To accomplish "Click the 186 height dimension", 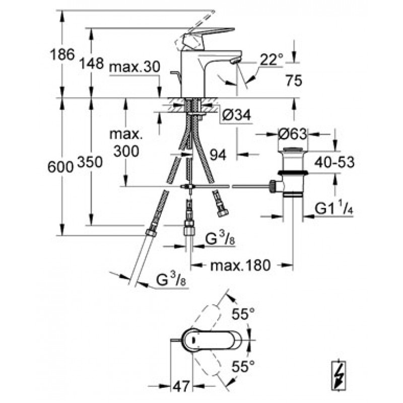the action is [x=62, y=54].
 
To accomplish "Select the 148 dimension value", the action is [x=91, y=63].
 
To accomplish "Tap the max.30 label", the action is [x=135, y=68].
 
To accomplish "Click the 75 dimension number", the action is [x=294, y=81].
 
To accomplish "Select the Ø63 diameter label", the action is [x=293, y=134].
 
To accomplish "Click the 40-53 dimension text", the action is [x=334, y=162].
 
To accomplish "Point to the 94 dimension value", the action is [x=218, y=155].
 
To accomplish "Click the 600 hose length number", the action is [x=60, y=168].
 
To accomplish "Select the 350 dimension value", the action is [x=90, y=162].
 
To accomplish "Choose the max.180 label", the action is [x=240, y=265].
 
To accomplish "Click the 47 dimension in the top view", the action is [x=181, y=385].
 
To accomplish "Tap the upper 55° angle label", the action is [x=243, y=313].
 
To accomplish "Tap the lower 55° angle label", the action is [x=243, y=367].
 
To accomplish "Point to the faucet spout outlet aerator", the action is [x=236, y=60].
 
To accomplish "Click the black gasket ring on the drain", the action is [x=293, y=172].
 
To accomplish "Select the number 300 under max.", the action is [x=126, y=151].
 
